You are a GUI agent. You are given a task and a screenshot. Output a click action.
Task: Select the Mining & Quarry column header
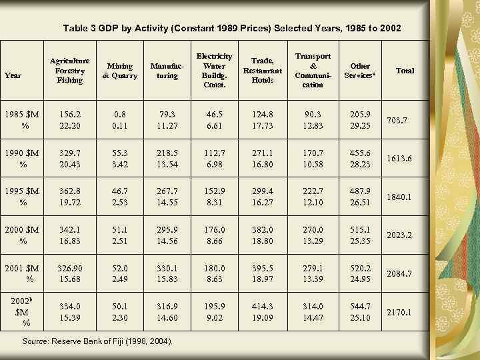click(x=119, y=71)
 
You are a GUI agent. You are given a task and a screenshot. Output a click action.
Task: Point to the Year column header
click(x=13, y=75)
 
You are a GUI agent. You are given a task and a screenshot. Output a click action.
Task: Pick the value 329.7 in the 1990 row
click(x=70, y=153)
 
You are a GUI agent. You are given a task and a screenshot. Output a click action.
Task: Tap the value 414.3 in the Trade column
click(x=262, y=305)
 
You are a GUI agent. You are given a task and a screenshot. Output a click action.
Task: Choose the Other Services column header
click(x=360, y=71)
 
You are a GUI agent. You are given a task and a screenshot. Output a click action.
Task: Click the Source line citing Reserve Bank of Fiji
click(x=98, y=342)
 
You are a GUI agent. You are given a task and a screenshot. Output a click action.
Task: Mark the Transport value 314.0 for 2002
click(x=312, y=305)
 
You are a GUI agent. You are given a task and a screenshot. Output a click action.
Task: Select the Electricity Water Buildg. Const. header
click(x=215, y=71)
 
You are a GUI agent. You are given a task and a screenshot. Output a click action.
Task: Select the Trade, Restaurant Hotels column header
click(x=262, y=71)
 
